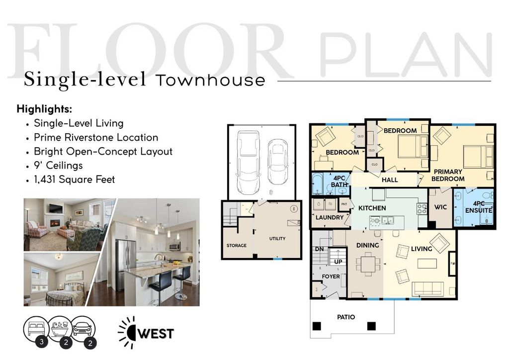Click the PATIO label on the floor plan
pos(345,317)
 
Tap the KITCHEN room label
pos(372,208)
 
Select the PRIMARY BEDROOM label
pos(447,175)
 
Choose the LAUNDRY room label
pos(330,217)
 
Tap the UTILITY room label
pos(277,239)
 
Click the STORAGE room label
pos(237,245)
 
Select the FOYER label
pos(331,276)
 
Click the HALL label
pos(390,180)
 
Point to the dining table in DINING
pos(369,263)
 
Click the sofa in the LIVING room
pos(428,288)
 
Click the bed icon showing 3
pos(35,329)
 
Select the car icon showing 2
pos(83,330)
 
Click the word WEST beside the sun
pos(155,333)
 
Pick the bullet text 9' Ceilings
pos(58,165)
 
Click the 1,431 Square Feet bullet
pos(74,179)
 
